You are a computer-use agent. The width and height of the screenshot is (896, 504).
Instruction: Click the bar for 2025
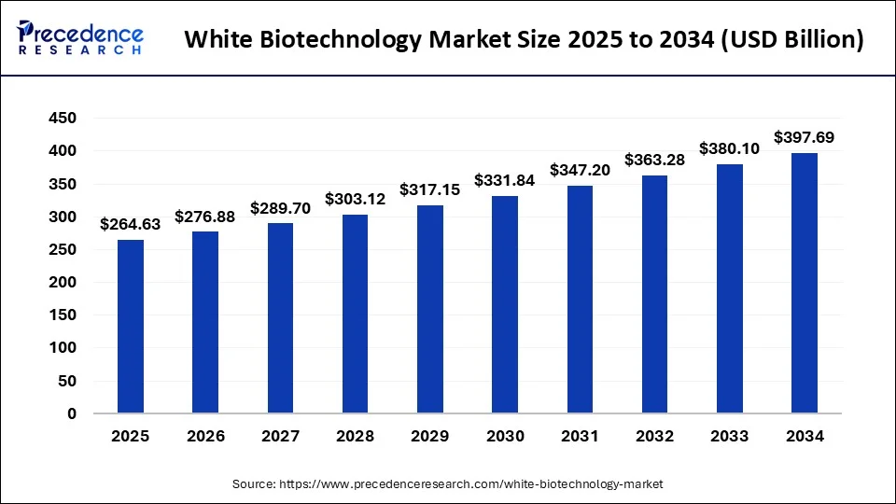click(131, 327)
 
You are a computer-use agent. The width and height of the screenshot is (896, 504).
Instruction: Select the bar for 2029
click(430, 309)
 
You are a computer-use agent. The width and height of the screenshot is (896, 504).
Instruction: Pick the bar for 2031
click(580, 299)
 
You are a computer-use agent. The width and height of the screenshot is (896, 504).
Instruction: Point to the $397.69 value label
click(805, 137)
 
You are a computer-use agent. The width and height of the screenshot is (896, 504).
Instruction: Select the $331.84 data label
click(505, 180)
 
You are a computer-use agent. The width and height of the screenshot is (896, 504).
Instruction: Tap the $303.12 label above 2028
click(356, 199)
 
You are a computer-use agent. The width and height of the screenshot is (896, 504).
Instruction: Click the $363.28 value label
click(654, 160)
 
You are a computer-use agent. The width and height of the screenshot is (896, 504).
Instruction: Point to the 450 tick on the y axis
click(63, 119)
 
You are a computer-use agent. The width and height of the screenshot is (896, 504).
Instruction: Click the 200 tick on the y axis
click(63, 282)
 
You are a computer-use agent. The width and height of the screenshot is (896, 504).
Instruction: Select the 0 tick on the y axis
click(71, 413)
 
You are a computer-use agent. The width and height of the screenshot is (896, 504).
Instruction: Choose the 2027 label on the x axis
click(280, 436)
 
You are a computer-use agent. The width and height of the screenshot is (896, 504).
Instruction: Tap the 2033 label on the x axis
click(729, 436)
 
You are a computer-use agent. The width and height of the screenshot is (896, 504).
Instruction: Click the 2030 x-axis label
click(505, 436)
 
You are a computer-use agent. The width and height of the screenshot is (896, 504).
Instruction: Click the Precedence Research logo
click(80, 38)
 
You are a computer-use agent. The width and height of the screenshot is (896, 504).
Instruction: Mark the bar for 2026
click(205, 322)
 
